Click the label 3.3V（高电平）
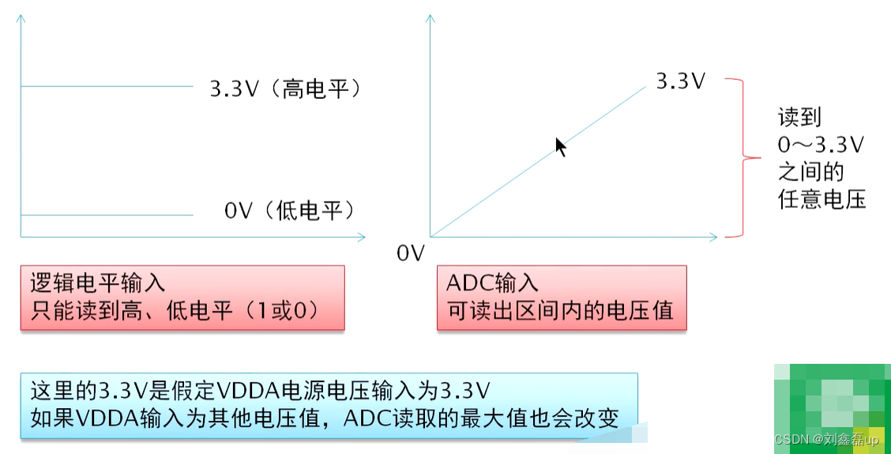285,89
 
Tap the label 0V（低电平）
289,210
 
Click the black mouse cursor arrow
560,146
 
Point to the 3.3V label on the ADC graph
680,81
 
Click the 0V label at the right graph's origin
411,254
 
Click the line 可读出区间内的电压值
560,310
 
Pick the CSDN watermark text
825,439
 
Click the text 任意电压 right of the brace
822,199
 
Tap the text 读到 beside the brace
799,117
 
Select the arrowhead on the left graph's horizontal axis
362,236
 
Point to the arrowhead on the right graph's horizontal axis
714,236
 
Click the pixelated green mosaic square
832,405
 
